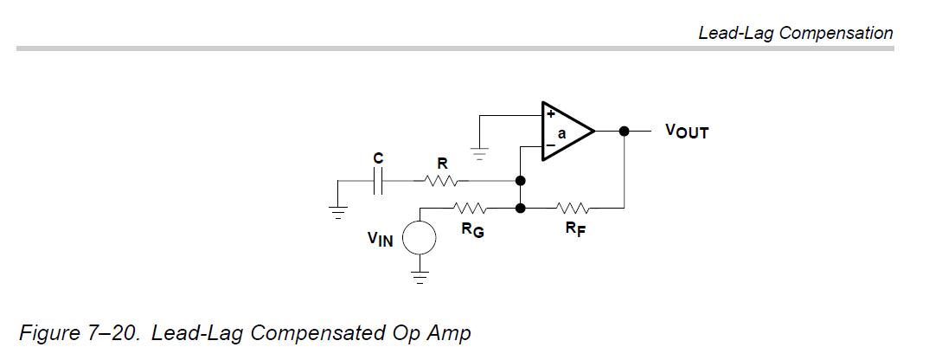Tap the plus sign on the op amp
(x=549, y=114)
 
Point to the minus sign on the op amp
(x=549, y=146)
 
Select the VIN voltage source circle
(x=419, y=237)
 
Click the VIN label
(x=381, y=239)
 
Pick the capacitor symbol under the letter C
(x=378, y=180)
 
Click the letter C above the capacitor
(x=378, y=158)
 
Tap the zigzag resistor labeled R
(x=442, y=180)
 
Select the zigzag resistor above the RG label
(x=471, y=208)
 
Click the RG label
(x=473, y=229)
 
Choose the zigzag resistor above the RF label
(x=574, y=208)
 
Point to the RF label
(x=575, y=229)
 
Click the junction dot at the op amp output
(x=625, y=131)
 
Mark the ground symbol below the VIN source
(x=420, y=277)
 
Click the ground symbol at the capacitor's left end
(x=337, y=213)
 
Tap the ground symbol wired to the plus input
(x=479, y=154)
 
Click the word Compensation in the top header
(x=836, y=33)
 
